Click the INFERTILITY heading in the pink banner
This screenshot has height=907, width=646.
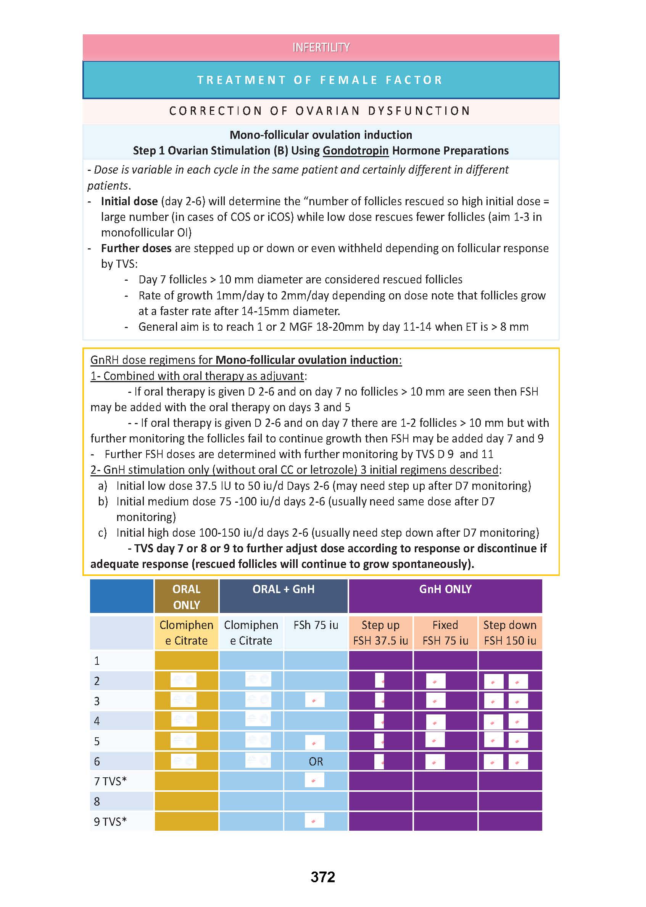pos(321,47)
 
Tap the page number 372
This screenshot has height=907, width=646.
pos(322,876)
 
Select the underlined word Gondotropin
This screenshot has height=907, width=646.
pos(355,151)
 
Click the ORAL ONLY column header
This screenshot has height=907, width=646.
pos(186,597)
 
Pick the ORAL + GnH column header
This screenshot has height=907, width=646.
pos(283,589)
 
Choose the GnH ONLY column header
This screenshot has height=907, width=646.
pos(445,589)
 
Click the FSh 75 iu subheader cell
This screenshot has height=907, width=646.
pos(316,625)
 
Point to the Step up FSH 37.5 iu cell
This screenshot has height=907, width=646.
pos(380,633)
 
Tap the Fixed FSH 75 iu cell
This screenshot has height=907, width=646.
pos(445,633)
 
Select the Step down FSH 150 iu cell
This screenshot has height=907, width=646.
pos(510,633)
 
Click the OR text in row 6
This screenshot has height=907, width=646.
pos(316,761)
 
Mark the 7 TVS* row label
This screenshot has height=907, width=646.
pos(110,782)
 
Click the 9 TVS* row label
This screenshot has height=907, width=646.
pos(110,822)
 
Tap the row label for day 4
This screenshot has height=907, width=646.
pos(97,721)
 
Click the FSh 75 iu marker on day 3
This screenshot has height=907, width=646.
pos(315,700)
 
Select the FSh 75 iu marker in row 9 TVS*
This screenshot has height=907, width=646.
pos(314,820)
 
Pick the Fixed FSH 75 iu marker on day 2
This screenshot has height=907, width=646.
pos(435,681)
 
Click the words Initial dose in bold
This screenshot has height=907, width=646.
pos(129,201)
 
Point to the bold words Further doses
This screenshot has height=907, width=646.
pos(136,248)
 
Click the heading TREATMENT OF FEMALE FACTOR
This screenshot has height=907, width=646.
pos(320,80)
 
